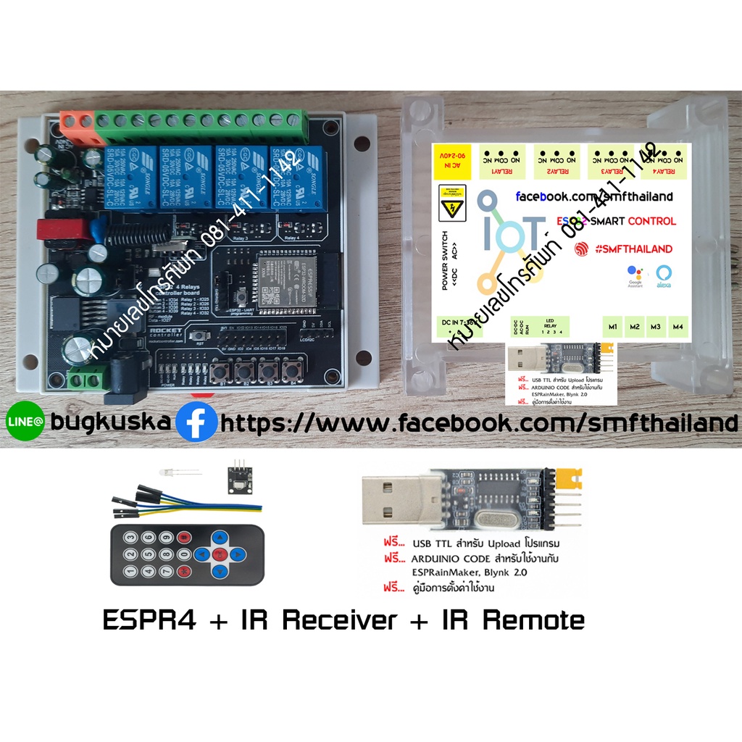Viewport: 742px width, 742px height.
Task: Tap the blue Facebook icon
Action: (196, 422)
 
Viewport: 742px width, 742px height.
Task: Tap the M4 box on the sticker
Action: (678, 327)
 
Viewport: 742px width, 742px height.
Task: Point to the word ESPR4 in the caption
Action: (149, 620)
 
